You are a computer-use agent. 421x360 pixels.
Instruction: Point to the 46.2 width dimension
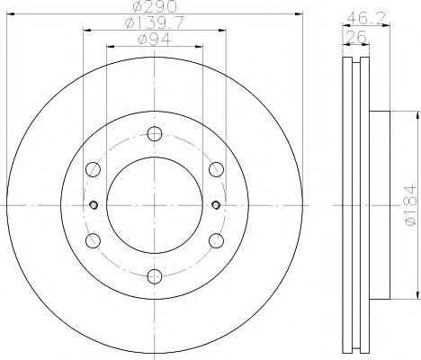click(x=360, y=15)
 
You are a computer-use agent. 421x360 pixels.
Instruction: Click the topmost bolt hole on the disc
click(x=155, y=135)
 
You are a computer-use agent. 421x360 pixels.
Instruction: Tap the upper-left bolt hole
click(x=94, y=170)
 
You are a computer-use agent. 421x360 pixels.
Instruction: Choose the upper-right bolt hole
click(x=215, y=170)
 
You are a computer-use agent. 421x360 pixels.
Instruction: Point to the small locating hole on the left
click(x=93, y=204)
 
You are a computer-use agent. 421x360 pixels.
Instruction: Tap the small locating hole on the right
click(x=216, y=204)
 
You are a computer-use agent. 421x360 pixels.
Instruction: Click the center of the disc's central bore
click(x=155, y=204)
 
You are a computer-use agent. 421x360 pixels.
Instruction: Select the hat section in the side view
click(x=379, y=204)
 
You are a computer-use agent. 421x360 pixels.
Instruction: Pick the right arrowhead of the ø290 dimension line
click(x=304, y=17)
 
